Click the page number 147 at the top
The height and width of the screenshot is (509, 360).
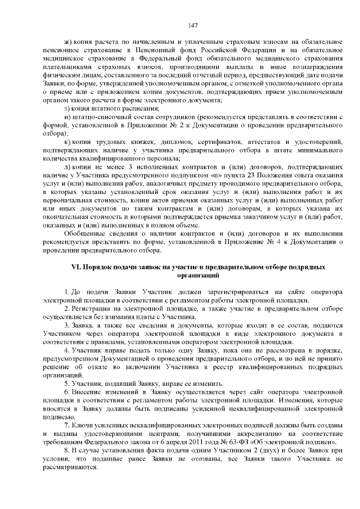pos(193,25)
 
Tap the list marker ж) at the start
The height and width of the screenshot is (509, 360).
pos(68,42)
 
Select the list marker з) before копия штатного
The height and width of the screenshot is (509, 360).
pos(67,108)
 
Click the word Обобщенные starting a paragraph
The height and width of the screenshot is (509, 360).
pos(84,233)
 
